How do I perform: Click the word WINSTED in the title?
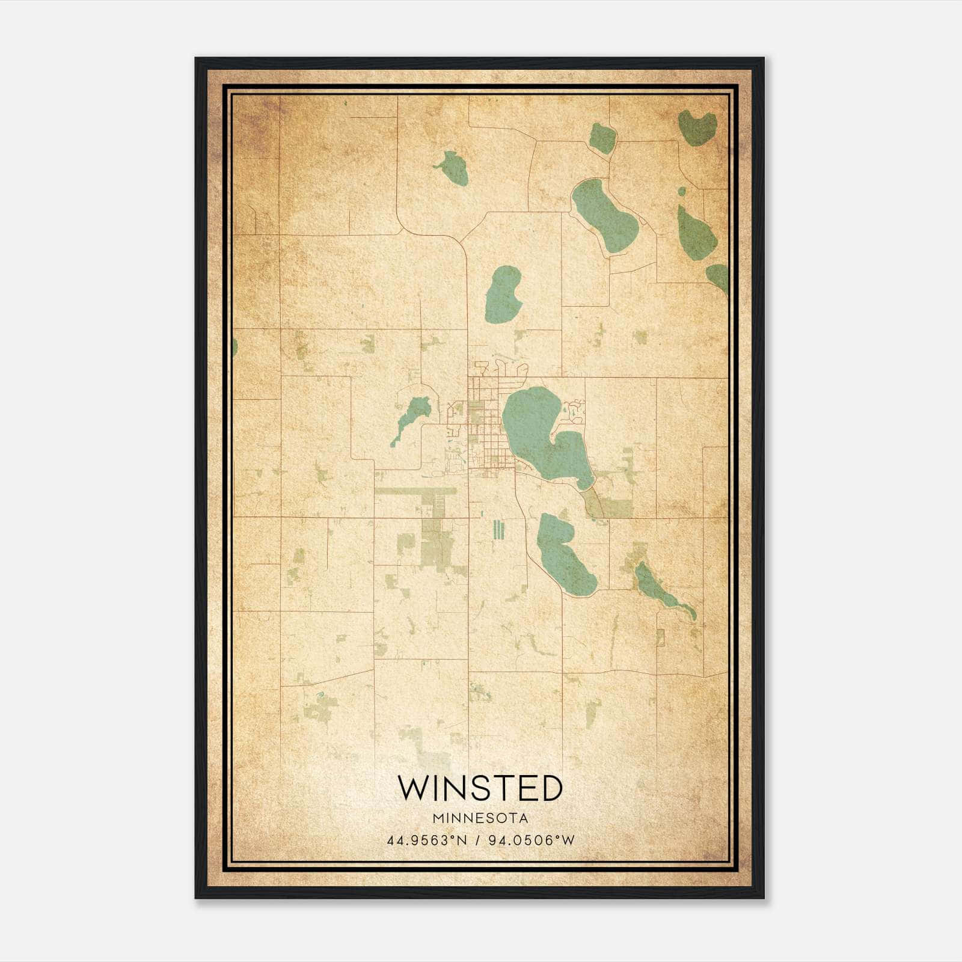480,788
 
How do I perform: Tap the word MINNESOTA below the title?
480,818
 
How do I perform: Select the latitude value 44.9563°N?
427,841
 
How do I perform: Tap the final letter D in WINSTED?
550,788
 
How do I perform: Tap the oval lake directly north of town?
503,295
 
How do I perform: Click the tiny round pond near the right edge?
681,192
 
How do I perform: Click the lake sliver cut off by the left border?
234,346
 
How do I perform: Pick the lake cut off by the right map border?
719,277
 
